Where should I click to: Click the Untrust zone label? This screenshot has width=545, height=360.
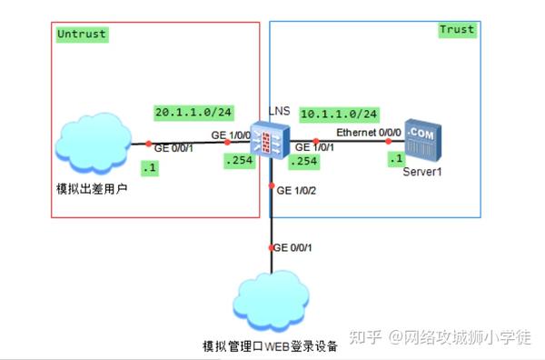click(81, 35)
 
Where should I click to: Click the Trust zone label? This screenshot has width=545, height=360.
click(457, 30)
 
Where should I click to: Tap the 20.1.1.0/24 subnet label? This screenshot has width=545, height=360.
click(192, 113)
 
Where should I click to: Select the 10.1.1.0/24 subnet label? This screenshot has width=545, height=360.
click(339, 114)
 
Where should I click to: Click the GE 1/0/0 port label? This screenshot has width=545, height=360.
click(232, 134)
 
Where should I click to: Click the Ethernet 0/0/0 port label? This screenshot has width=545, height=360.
click(368, 133)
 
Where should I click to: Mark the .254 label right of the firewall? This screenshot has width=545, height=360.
click(302, 161)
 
